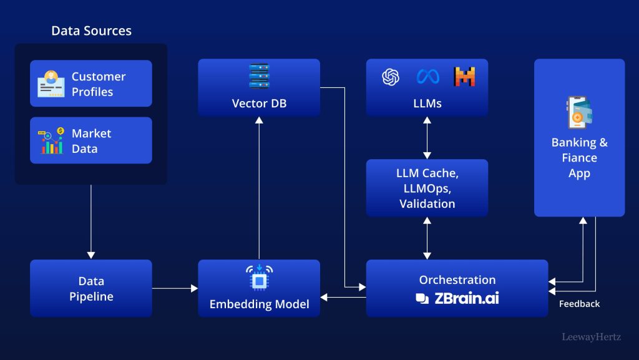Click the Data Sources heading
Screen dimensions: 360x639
tap(91, 31)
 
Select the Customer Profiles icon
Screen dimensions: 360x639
tap(51, 84)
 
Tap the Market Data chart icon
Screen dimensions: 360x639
tap(51, 141)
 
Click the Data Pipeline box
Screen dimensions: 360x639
tap(91, 288)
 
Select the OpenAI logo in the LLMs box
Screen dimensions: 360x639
tap(391, 77)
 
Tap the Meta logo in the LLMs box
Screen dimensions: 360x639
tap(427, 77)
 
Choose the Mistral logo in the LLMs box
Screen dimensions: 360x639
tap(464, 77)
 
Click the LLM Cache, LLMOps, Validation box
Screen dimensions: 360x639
tap(427, 188)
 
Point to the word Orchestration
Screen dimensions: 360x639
tap(457, 280)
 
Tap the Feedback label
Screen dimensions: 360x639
tap(579, 304)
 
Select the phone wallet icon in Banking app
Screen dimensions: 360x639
tap(579, 112)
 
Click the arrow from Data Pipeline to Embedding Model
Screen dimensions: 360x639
tap(175, 288)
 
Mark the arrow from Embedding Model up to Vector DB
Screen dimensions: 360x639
tap(259, 187)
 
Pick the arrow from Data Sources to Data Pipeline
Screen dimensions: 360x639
tap(91, 221)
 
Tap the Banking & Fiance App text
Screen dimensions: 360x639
tap(579, 158)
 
